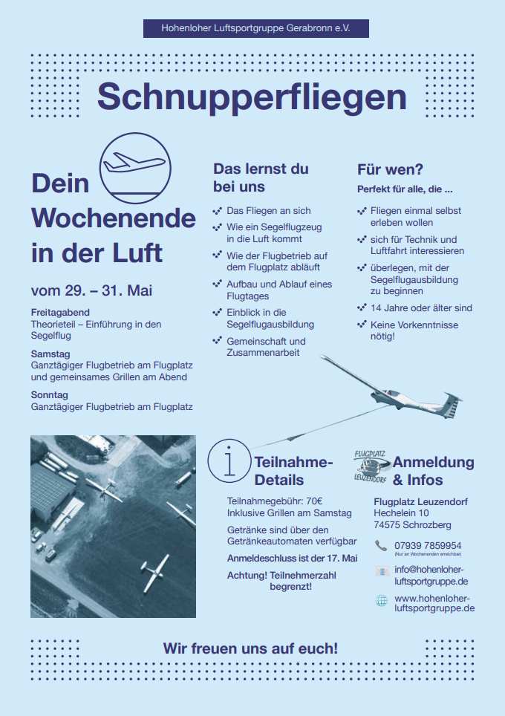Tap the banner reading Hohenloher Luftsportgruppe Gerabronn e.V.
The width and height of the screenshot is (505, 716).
[255, 28]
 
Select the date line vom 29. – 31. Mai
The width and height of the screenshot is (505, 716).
[91, 290]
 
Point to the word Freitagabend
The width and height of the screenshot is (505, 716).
[60, 313]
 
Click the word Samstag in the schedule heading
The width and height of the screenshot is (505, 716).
[50, 354]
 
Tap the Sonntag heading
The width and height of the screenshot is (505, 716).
[49, 395]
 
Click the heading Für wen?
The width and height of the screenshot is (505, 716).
[390, 169]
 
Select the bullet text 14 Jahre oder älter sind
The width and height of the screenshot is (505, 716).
[421, 307]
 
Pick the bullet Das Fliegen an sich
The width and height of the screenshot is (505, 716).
[268, 211]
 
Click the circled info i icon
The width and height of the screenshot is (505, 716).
[229, 460]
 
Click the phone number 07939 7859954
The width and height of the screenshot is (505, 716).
[428, 545]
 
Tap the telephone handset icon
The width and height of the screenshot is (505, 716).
[381, 546]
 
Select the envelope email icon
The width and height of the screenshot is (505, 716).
[382, 570]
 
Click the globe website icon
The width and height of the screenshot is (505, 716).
[382, 600]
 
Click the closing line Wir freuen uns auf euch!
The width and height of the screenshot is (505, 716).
[250, 648]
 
